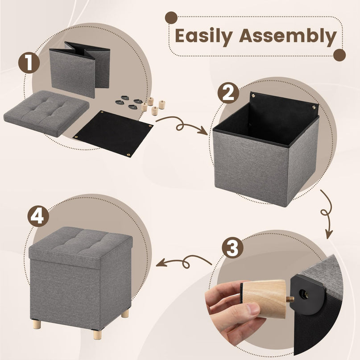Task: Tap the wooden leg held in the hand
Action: [264, 298]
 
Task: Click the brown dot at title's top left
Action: [171, 18]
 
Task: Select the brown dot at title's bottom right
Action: [339, 55]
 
